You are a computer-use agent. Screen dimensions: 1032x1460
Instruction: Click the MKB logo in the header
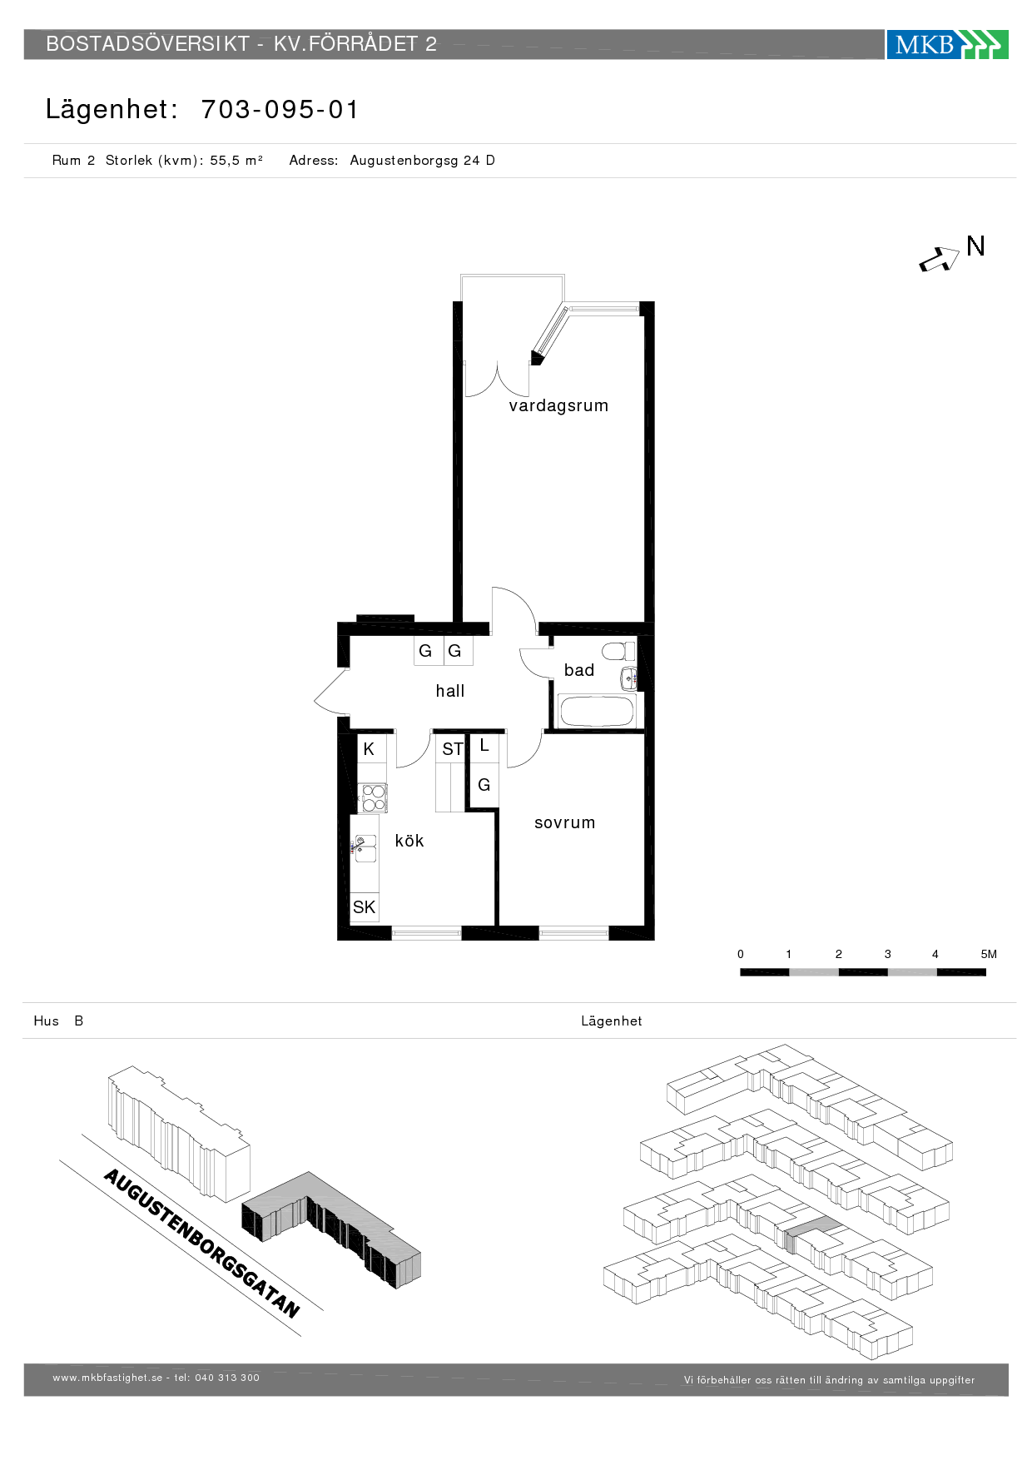947,44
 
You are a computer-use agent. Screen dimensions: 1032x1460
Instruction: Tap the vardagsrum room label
558,406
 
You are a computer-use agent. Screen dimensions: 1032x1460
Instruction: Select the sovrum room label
565,822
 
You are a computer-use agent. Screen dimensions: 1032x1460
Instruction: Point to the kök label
409,841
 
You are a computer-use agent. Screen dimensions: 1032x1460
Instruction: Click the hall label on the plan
450,691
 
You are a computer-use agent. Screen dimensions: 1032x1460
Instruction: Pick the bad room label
579,670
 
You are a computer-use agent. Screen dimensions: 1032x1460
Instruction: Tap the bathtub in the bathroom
597,712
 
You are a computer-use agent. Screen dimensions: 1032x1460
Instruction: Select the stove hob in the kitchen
373,797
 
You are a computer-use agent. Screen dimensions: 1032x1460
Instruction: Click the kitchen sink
365,847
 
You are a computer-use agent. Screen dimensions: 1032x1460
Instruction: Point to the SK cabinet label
364,907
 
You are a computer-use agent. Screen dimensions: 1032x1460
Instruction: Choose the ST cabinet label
452,749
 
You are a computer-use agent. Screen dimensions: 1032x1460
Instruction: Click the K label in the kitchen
369,749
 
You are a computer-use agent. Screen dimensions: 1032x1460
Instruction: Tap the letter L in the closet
484,746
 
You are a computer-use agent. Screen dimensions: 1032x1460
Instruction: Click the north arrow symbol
939,261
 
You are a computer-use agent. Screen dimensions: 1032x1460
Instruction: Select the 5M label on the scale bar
989,954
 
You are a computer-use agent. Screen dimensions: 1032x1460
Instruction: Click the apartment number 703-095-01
280,109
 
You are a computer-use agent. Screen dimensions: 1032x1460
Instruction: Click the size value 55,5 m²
236,160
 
